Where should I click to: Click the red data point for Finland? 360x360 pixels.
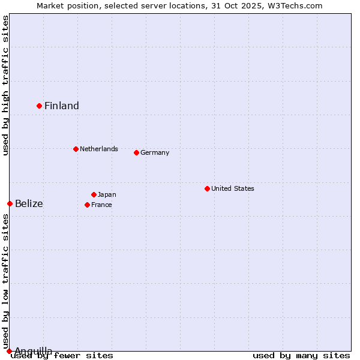click(40, 106)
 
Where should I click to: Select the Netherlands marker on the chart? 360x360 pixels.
click(76, 149)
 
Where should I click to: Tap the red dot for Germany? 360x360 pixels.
click(136, 152)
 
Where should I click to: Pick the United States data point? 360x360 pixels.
click(207, 188)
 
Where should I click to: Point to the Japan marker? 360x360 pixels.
click(94, 194)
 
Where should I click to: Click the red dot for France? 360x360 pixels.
click(87, 205)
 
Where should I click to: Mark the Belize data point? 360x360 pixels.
click(10, 203)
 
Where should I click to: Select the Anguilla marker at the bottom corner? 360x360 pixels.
click(9, 351)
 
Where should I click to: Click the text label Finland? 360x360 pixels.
click(62, 106)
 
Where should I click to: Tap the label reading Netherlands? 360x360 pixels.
click(99, 149)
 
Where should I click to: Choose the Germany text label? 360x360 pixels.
click(155, 152)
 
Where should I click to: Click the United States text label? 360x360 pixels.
click(233, 188)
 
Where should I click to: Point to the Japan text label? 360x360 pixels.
click(107, 194)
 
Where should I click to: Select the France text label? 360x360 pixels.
click(101, 205)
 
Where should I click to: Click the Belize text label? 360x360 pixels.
click(29, 204)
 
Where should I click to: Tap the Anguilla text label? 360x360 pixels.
click(34, 351)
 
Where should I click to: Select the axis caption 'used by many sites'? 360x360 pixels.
click(301, 356)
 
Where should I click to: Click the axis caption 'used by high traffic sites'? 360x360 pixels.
click(6, 85)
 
